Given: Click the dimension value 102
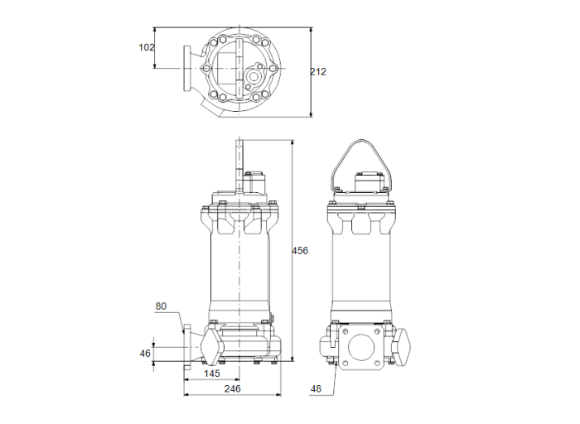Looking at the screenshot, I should click(146, 47).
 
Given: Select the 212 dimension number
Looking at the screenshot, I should click(318, 72).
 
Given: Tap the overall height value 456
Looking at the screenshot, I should click(300, 251).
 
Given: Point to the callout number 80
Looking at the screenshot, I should click(161, 306).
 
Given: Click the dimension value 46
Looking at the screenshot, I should click(145, 353).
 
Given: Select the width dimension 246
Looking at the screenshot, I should click(231, 388).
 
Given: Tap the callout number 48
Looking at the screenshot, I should click(316, 388).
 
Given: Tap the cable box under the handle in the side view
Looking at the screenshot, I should click(368, 181).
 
